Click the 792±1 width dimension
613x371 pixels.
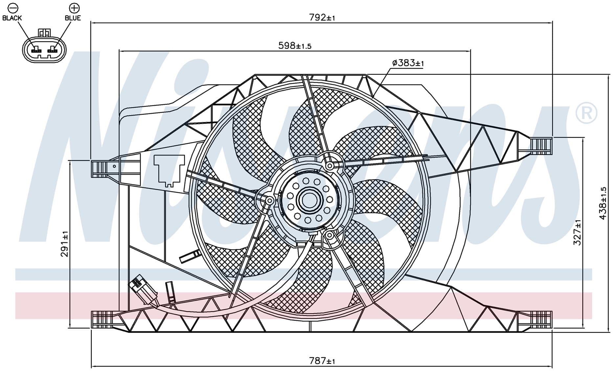point(322,18)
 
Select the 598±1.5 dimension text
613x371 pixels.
point(295,46)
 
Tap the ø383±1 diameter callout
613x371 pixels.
point(408,63)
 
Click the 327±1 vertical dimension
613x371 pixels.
point(577,232)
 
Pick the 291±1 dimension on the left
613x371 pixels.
point(65,244)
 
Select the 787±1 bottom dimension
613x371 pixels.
point(322,361)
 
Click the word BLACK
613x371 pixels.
point(12,18)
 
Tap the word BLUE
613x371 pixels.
point(73,18)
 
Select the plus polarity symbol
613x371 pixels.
point(74,8)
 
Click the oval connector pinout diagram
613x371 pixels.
point(44,48)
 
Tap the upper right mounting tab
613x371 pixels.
point(535,146)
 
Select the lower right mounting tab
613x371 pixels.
point(535,319)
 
